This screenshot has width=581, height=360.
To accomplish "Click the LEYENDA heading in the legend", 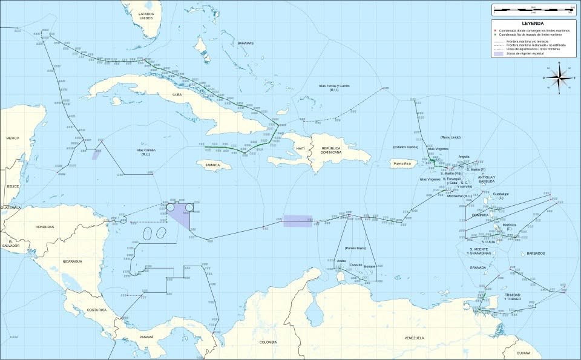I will (x=533, y=24).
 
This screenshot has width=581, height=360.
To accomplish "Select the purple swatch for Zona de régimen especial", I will (x=499, y=54).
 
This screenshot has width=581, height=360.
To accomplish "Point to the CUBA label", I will (x=177, y=94).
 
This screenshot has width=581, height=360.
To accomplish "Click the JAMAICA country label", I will (x=212, y=165).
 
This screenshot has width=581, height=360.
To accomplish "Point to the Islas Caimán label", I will (x=146, y=152).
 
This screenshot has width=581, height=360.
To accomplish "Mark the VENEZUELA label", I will (x=414, y=338).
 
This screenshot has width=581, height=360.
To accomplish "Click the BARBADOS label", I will (x=536, y=253).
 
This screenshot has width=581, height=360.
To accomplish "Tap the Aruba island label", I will (x=342, y=261).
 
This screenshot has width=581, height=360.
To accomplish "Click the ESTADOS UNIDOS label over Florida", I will (x=146, y=16).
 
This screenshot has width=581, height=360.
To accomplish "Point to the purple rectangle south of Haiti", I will (x=298, y=221).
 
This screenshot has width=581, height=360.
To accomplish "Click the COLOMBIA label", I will (x=268, y=342).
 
